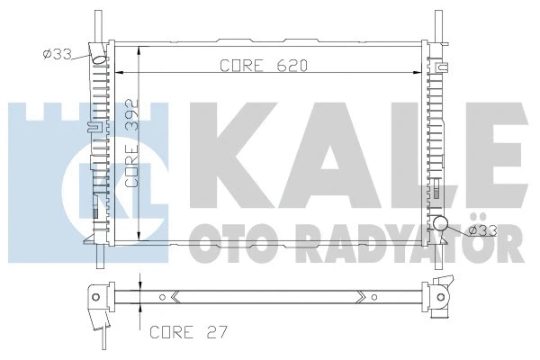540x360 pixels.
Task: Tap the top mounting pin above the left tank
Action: pyautogui.click(x=95, y=22)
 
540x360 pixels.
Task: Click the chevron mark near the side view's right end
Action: pyautogui.click(x=360, y=294)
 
